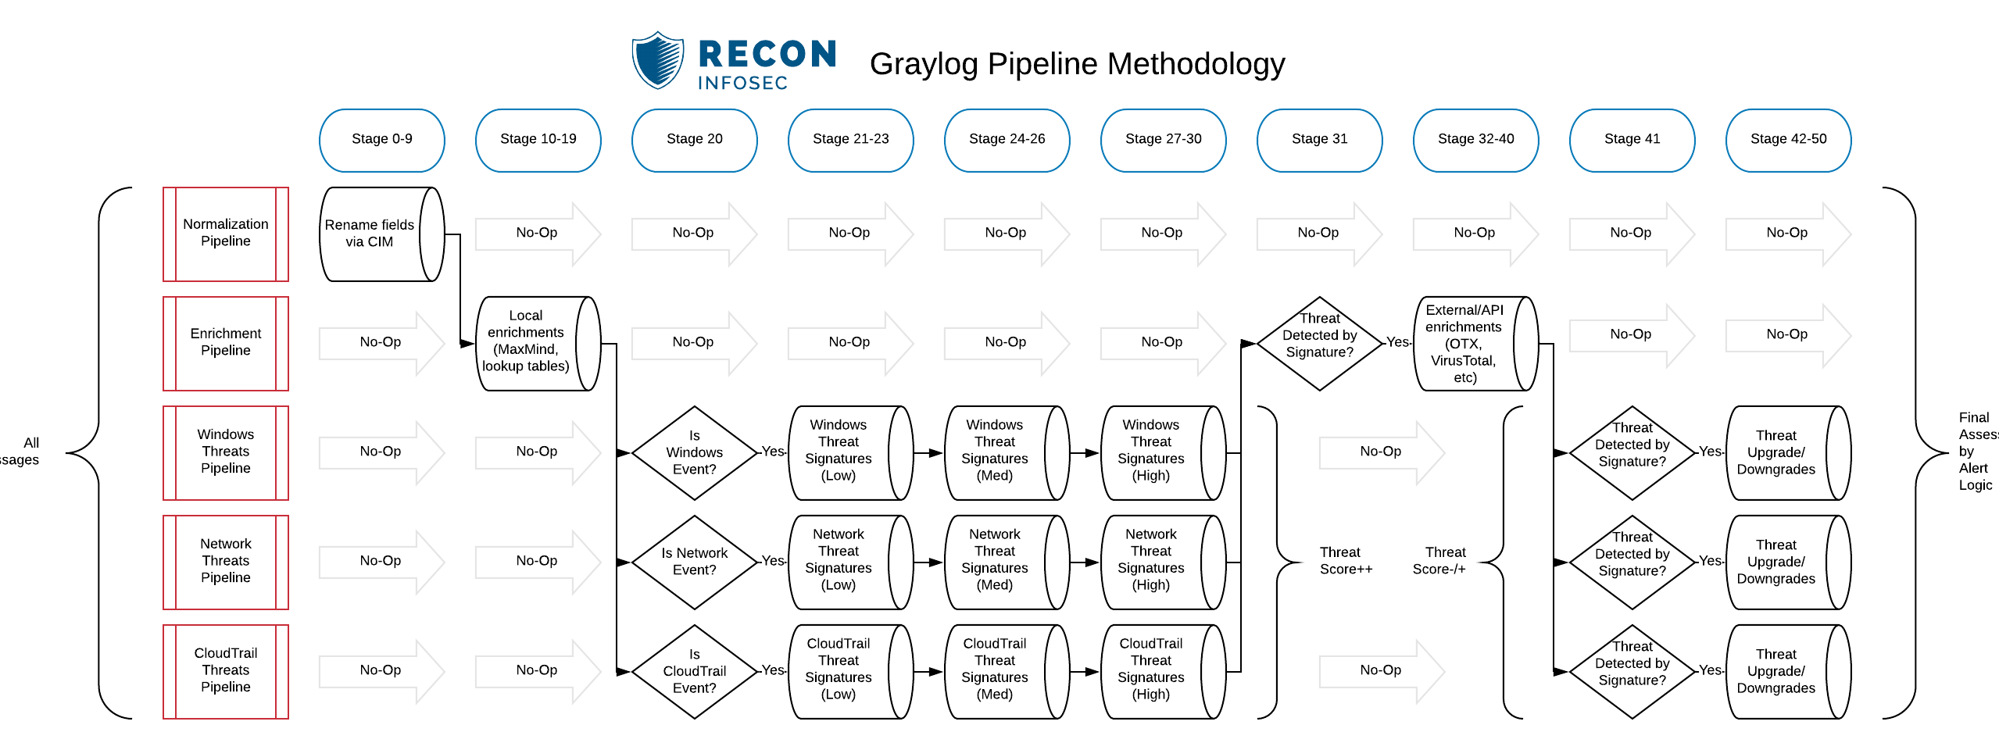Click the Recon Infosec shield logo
pyautogui.click(x=657, y=60)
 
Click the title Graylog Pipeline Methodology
pyautogui.click(x=1077, y=64)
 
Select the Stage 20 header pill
pyautogui.click(x=694, y=140)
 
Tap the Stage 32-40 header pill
pyautogui.click(x=1475, y=140)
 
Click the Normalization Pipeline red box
pyautogui.click(x=225, y=234)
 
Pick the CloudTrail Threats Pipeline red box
pyautogui.click(x=225, y=671)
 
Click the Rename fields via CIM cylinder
pyautogui.click(x=381, y=234)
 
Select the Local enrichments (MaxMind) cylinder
pyautogui.click(x=537, y=343)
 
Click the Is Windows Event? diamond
pyautogui.click(x=694, y=452)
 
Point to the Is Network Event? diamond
pyautogui.click(x=694, y=562)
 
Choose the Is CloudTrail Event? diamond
pyautogui.click(x=694, y=671)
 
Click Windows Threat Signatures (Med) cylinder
pyautogui.click(x=1005, y=452)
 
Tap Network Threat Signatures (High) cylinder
pyautogui.click(x=1161, y=562)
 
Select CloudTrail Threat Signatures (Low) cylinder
pyautogui.click(x=849, y=671)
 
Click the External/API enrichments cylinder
pyautogui.click(x=1474, y=343)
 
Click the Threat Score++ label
pyautogui.click(x=1345, y=561)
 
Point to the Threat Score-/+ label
pyautogui.click(x=1439, y=561)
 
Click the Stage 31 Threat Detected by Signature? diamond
pyautogui.click(x=1319, y=343)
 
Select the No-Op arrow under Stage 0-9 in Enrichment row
pyautogui.click(x=381, y=343)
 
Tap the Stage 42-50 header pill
pyautogui.click(x=1788, y=140)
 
